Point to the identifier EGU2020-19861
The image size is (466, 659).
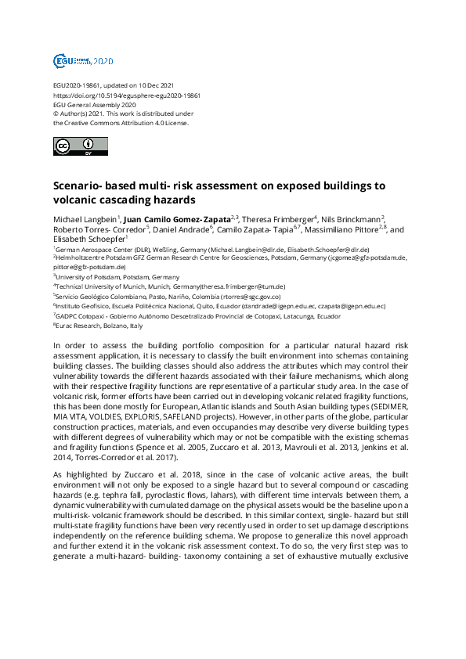tap(77, 85)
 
